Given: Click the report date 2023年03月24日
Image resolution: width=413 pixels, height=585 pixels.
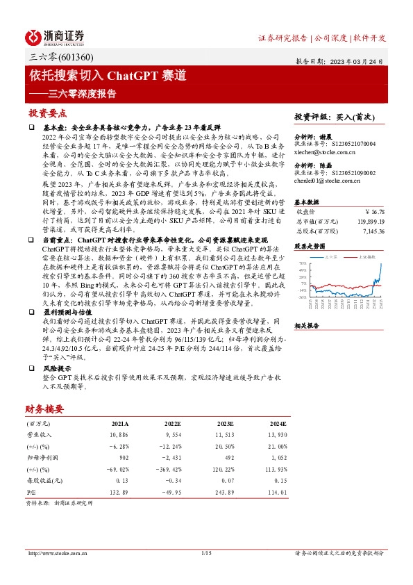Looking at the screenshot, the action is pyautogui.click(x=360, y=61).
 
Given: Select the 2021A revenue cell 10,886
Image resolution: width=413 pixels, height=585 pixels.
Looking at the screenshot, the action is pyautogui.click(x=119, y=433).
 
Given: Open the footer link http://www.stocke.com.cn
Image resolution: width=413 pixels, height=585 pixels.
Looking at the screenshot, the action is pyautogui.click(x=58, y=552).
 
